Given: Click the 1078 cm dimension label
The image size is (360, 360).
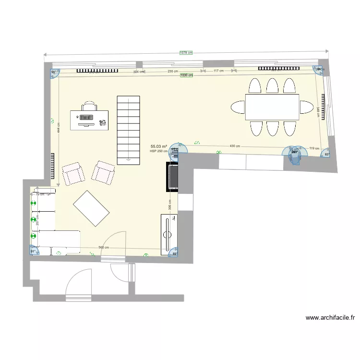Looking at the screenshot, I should pyautogui.click(x=186, y=53).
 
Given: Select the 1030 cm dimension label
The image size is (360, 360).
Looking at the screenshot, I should pyautogui.click(x=186, y=75).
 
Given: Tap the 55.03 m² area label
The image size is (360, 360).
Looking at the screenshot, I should pyautogui.click(x=159, y=146).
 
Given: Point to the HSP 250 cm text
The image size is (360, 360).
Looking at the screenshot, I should pyautogui.click(x=159, y=151).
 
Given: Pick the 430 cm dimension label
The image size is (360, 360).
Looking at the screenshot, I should pyautogui.click(x=235, y=146).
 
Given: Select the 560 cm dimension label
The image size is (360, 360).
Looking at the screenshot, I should pyautogui.click(x=103, y=247).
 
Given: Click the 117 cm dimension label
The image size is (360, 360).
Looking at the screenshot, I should pyautogui.click(x=218, y=71).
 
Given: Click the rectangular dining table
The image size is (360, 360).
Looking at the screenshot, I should pyautogui.click(x=272, y=107).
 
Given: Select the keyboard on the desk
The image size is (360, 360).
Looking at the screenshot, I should pyautogui.click(x=87, y=117).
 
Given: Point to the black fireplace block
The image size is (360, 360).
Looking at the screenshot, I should pyautogui.click(x=172, y=177).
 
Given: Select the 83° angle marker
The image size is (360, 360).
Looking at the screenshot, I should pyautogui.click(x=327, y=155).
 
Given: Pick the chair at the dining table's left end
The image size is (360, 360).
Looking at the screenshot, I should pyautogui.click(x=238, y=107).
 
